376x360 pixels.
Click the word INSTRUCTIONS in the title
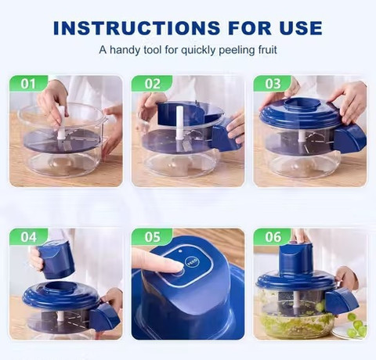136,27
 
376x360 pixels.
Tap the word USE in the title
301,27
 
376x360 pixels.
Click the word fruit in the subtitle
267,49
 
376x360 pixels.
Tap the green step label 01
28,84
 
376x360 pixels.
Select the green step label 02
153,84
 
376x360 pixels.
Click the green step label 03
273,84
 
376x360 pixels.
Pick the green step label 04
28,237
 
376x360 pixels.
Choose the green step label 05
153,237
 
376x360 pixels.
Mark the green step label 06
273,237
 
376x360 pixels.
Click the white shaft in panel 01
61,123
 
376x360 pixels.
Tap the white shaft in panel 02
179,122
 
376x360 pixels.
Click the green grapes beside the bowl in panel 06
357,326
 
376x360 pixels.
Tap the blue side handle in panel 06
342,302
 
